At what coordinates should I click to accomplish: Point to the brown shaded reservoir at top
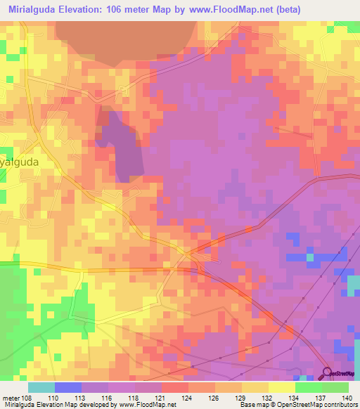pos(127,42)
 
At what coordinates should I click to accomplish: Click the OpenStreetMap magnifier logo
pos(328,373)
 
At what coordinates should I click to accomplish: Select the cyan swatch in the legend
pos(41,387)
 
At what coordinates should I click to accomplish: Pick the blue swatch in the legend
pos(68,387)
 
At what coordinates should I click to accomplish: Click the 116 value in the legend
pos(108,397)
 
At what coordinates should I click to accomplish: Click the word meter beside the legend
pos(11,397)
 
